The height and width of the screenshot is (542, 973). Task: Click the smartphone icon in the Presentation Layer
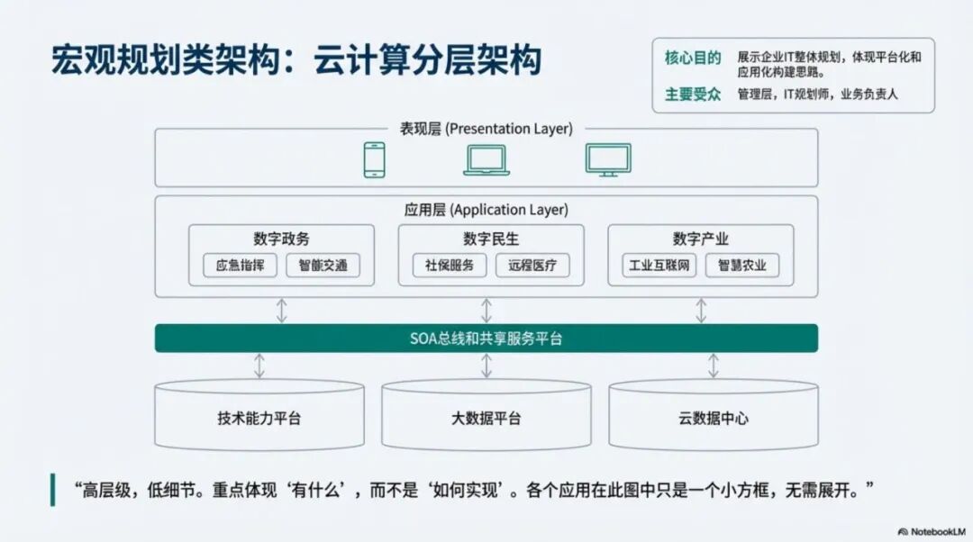(374, 160)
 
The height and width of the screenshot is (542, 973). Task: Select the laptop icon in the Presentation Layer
(486, 160)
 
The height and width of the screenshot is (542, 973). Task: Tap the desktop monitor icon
(608, 160)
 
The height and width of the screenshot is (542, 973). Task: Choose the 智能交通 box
(323, 266)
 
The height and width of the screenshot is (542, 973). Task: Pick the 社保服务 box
(450, 266)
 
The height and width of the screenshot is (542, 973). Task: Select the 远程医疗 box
(532, 266)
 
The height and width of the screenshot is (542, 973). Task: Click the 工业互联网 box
(659, 266)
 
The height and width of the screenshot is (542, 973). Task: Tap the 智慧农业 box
(742, 266)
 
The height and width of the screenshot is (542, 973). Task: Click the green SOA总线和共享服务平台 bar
(486, 339)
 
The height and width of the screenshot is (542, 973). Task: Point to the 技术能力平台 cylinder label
(259, 419)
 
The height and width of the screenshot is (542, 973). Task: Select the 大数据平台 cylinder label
(486, 419)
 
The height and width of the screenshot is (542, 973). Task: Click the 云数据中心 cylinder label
(714, 419)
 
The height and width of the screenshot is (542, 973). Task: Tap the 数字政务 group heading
(281, 239)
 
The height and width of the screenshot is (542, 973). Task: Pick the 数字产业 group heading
(701, 239)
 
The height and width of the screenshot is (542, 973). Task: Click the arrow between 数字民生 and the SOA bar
(486, 311)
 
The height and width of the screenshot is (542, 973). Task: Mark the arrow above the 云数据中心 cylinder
(714, 366)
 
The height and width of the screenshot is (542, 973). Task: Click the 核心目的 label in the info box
(693, 59)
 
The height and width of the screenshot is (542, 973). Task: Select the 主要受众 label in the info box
(693, 94)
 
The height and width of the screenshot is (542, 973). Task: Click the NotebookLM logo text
(933, 532)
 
